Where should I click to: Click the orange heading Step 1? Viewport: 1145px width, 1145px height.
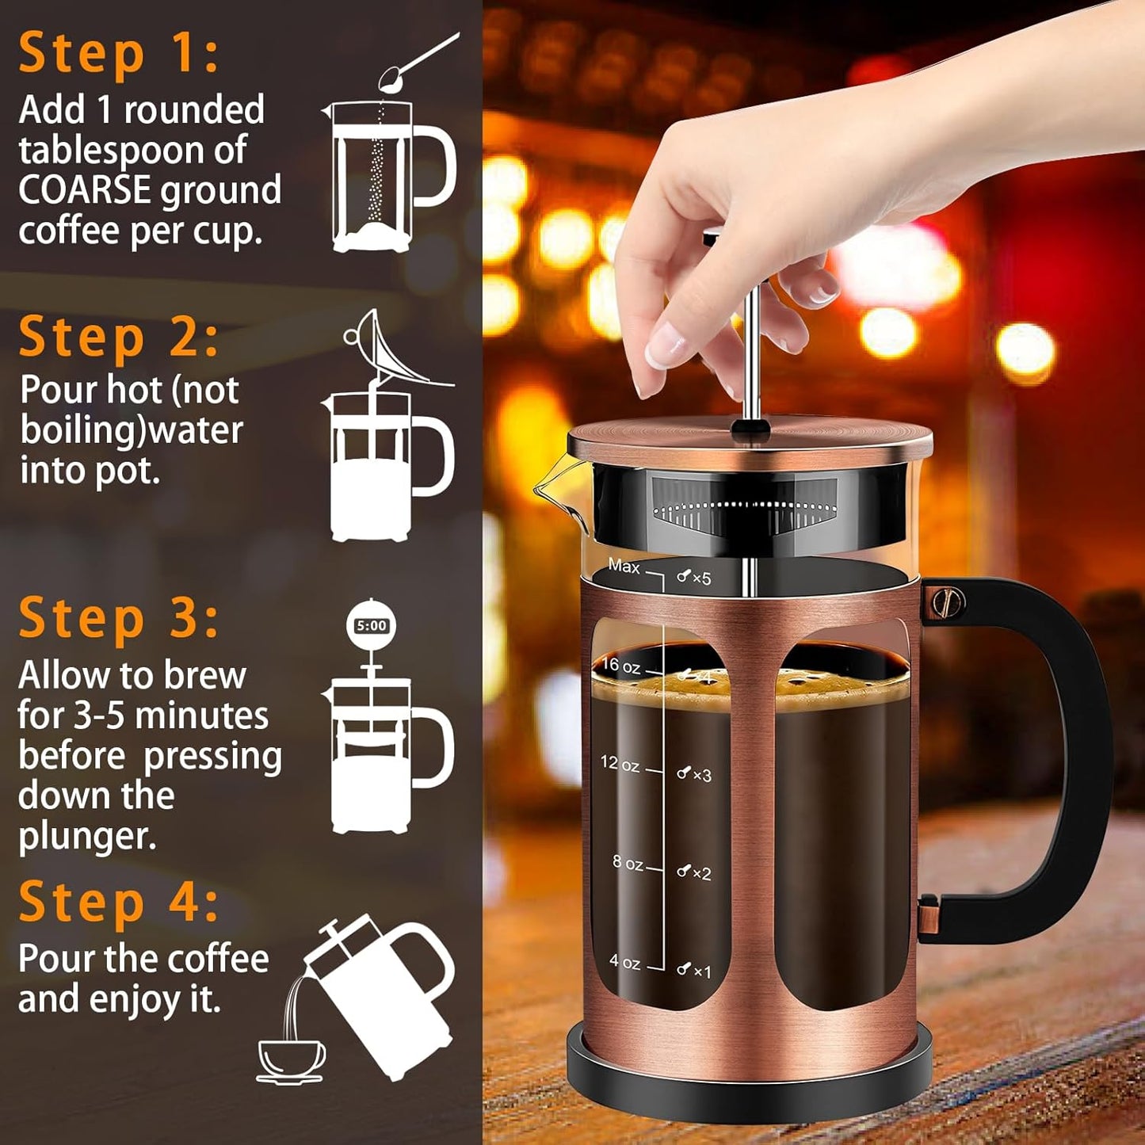pyautogui.click(x=118, y=54)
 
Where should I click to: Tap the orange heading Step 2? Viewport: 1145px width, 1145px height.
pyautogui.click(x=118, y=338)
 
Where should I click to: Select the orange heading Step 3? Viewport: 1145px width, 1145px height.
pyautogui.click(x=118, y=618)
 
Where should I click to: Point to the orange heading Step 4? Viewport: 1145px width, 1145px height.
pyautogui.click(x=118, y=902)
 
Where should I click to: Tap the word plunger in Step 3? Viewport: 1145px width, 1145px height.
pyautogui.click(x=86, y=837)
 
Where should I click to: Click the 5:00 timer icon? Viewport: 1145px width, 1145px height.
pyautogui.click(x=371, y=626)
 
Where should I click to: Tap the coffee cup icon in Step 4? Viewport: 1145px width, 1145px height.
pyautogui.click(x=291, y=1059)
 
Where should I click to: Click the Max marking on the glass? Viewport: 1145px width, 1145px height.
pyautogui.click(x=624, y=567)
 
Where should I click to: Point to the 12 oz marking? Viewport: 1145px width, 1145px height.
pyautogui.click(x=620, y=764)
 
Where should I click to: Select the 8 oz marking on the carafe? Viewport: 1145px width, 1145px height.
pyautogui.click(x=627, y=863)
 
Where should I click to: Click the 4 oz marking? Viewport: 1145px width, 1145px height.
pyautogui.click(x=624, y=962)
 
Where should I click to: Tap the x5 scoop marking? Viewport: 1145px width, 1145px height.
pyautogui.click(x=694, y=578)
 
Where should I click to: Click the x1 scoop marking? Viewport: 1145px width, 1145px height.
pyautogui.click(x=694, y=971)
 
